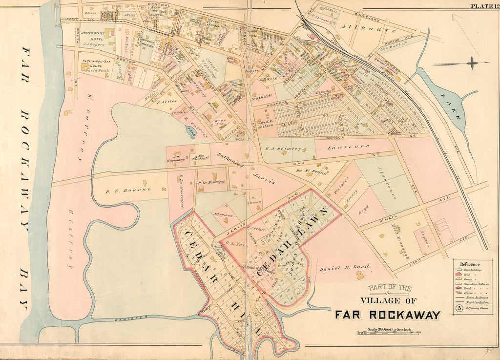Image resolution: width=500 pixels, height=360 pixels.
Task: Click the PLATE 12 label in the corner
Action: pos(483,6)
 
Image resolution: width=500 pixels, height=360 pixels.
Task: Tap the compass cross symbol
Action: pos(472,63)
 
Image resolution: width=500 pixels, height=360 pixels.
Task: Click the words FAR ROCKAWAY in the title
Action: pos(387,315)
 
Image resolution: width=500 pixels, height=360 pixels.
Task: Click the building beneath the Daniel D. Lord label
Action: pos(360,275)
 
